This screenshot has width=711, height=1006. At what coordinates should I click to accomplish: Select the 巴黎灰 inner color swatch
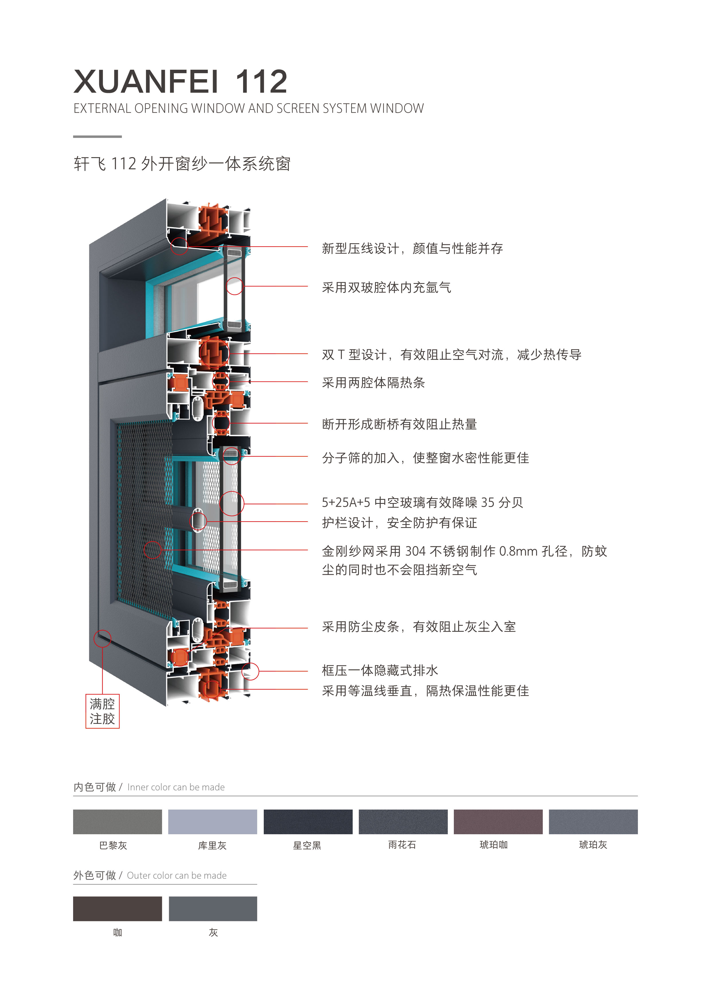118,822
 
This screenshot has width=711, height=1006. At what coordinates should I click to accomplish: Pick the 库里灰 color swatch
212,822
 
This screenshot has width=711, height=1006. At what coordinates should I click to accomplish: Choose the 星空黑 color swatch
308,822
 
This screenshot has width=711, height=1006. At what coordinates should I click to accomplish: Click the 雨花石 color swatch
403,822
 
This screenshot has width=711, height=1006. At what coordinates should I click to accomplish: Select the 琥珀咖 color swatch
498,822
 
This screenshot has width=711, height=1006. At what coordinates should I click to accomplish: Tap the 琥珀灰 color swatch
593,822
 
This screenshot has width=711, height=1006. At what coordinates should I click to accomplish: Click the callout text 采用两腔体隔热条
373,383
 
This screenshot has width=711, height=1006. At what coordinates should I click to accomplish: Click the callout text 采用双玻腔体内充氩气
386,287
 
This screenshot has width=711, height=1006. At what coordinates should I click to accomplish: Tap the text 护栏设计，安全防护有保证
400,523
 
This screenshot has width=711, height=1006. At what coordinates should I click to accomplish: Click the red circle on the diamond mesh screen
153,550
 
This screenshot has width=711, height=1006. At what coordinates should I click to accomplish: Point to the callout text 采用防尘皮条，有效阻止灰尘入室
419,627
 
